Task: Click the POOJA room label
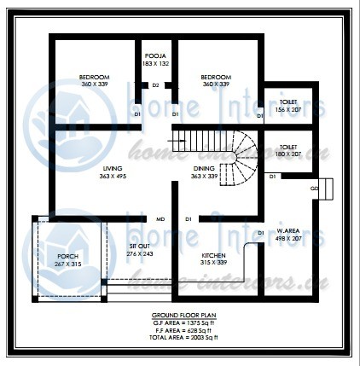coord(154,55)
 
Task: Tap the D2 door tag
coord(155,85)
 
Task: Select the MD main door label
coord(160,219)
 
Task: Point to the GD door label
coord(314,188)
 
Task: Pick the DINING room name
coord(204,168)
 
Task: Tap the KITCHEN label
coord(213,255)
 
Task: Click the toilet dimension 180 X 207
coord(287,154)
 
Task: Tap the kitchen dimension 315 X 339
coord(213,263)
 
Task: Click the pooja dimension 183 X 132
coord(154,63)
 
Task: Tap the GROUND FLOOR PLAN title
coord(179,315)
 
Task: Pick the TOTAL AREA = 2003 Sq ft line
coord(179,338)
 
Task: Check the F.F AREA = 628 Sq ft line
coord(179,330)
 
